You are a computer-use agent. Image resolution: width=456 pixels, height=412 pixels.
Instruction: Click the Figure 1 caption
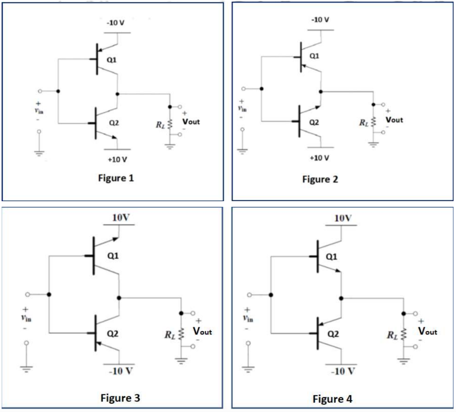(116, 179)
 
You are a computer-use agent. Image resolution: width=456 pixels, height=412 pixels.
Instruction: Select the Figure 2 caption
(320, 179)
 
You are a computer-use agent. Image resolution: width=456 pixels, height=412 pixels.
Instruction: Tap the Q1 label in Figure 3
(113, 256)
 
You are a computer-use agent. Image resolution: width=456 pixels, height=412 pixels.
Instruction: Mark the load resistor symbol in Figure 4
(403, 333)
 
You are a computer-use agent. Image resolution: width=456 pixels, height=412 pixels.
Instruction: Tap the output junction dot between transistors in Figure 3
(119, 298)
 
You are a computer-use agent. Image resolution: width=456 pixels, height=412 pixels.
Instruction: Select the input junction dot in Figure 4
(271, 295)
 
